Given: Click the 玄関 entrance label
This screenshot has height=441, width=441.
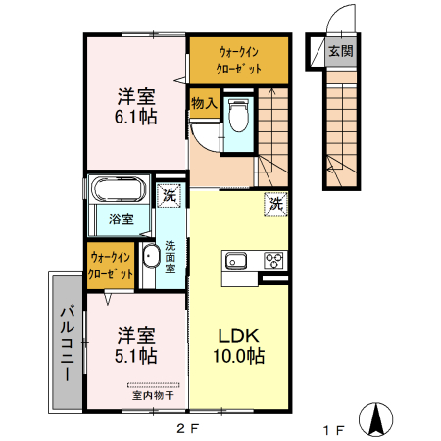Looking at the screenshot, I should [x=341, y=51].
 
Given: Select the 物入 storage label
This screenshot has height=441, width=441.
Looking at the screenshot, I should [x=204, y=103].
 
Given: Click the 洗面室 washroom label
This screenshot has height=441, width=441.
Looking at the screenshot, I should [x=171, y=258].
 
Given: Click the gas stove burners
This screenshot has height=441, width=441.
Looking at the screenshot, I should [x=272, y=261].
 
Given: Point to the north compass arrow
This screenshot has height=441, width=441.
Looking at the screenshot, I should [x=375, y=418].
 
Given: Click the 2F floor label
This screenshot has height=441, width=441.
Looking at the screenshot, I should [x=187, y=427].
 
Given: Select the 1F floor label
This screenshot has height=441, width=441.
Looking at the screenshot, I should [x=334, y=427].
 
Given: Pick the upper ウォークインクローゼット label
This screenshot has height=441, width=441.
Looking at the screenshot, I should [x=240, y=60].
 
